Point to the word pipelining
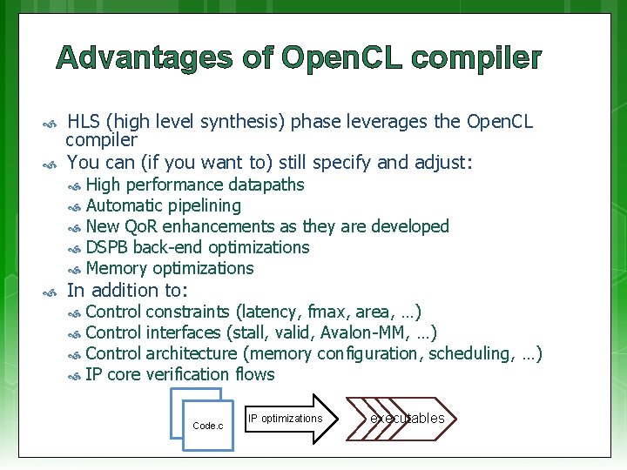click(x=199, y=205)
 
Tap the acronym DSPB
click(x=107, y=247)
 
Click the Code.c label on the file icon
click(x=207, y=426)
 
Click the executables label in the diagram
click(x=407, y=419)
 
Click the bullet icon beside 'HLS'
click(x=51, y=122)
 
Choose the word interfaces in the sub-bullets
click(x=183, y=332)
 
